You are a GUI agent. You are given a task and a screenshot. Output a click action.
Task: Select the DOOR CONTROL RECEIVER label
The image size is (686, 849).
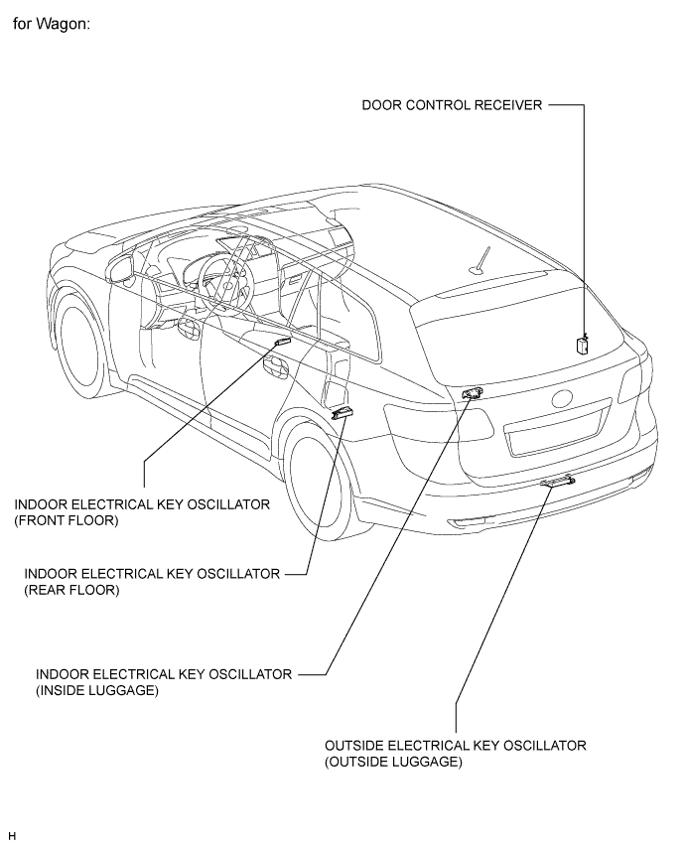[x=451, y=105]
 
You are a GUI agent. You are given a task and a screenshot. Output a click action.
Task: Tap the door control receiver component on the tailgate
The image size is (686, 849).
[x=581, y=345]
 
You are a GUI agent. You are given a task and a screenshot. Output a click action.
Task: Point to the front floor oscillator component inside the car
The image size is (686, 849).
[x=282, y=343]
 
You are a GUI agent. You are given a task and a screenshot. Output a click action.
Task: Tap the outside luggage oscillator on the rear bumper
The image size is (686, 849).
[x=560, y=483]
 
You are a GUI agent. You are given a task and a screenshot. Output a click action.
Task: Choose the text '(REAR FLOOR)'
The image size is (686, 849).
[x=71, y=590]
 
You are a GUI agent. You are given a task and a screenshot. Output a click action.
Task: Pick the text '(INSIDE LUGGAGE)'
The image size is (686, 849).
[x=96, y=690]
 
